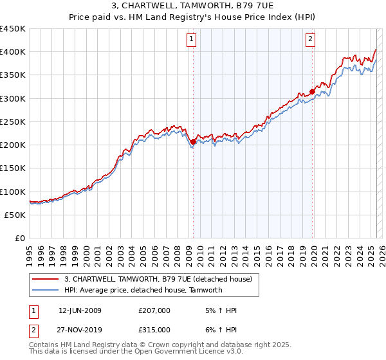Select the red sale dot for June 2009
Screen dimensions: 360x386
click(193, 142)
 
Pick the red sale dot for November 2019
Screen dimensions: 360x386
click(312, 91)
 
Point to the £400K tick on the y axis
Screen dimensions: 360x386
click(13, 52)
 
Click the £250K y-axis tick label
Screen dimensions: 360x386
click(13, 122)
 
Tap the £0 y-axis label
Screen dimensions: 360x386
click(20, 238)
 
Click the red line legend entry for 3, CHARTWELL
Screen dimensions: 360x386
click(162, 279)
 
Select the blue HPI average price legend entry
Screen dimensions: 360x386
click(143, 290)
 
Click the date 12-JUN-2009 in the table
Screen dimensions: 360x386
click(80, 310)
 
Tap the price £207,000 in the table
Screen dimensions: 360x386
click(154, 310)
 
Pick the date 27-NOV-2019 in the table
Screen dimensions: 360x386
click(80, 329)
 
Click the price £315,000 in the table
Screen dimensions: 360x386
click(154, 329)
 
